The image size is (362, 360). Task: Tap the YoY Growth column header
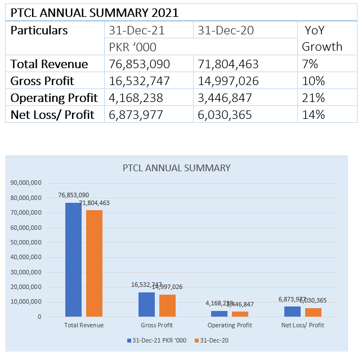pyautogui.click(x=322, y=38)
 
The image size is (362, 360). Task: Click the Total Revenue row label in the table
pyautogui.click(x=50, y=64)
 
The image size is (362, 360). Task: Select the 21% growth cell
pyautogui.click(x=314, y=98)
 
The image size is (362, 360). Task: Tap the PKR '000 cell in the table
pyautogui.click(x=133, y=47)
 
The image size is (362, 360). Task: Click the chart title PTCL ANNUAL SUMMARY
pyautogui.click(x=177, y=168)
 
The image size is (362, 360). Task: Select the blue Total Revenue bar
pyautogui.click(x=73, y=259)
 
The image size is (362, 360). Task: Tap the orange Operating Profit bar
pyautogui.click(x=240, y=314)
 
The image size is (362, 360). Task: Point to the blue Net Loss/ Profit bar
pyautogui.click(x=292, y=311)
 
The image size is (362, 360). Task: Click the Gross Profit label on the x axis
pyautogui.click(x=157, y=326)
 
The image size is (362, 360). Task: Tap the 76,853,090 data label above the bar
pyautogui.click(x=74, y=195)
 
